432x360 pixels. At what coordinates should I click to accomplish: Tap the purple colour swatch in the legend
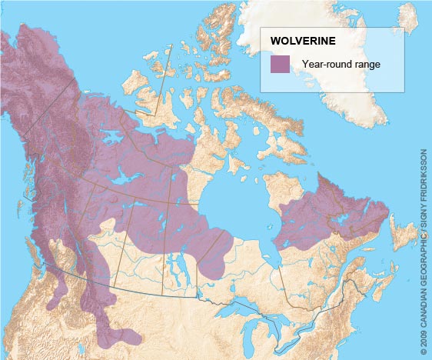(x=280, y=65)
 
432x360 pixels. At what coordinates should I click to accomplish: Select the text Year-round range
(x=341, y=65)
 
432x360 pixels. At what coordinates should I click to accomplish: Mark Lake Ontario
(x=303, y=323)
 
